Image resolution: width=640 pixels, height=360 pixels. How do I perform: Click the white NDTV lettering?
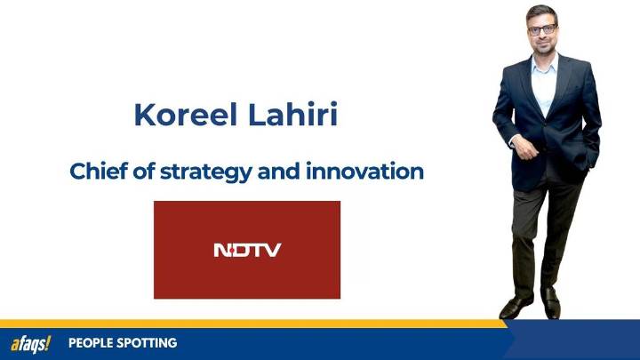tap(246, 250)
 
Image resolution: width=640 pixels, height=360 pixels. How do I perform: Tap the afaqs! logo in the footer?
tap(30, 343)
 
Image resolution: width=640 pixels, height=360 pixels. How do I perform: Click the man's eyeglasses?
tap(541, 29)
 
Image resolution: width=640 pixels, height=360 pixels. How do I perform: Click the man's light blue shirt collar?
tap(543, 64)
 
